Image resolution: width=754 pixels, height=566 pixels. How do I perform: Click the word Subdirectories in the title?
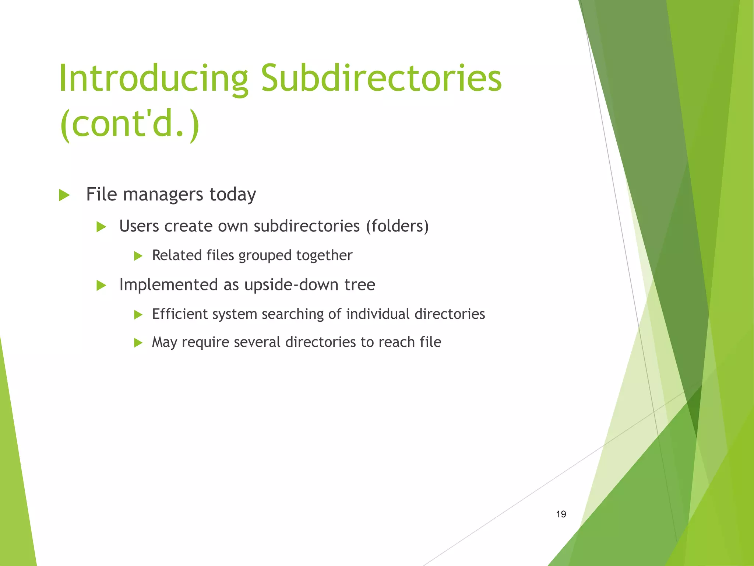tap(381, 78)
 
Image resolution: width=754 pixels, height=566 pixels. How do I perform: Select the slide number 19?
tap(561, 514)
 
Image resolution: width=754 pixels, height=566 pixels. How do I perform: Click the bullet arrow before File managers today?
tap(64, 195)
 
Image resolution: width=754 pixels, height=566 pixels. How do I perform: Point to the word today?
tap(233, 195)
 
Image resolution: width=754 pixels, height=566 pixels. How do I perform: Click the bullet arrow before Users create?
tap(101, 227)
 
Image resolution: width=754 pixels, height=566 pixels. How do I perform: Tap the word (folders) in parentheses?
tap(397, 226)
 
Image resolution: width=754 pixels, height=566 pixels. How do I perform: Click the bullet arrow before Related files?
tap(138, 256)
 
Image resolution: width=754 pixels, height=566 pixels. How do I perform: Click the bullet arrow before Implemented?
tap(101, 285)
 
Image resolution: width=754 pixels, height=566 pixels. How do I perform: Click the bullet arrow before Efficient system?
tap(138, 314)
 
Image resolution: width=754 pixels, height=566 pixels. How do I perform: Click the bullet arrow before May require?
tap(138, 343)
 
